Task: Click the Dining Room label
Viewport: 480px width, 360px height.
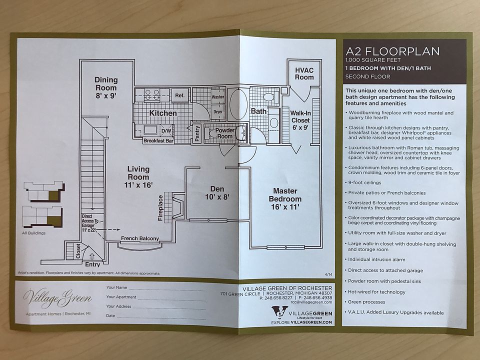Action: [106, 84]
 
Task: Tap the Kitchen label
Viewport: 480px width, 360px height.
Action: [163, 113]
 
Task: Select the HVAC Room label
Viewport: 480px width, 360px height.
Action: [304, 74]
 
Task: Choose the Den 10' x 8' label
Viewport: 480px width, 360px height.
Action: [216, 192]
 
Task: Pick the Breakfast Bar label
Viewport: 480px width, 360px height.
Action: [158, 141]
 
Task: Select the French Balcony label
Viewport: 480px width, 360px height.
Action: [139, 238]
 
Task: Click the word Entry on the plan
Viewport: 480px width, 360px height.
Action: [92, 264]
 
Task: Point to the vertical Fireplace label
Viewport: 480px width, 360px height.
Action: [160, 207]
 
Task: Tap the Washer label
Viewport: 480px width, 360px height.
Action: [217, 96]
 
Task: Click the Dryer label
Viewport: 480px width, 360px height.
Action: [217, 112]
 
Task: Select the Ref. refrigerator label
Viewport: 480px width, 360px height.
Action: [179, 95]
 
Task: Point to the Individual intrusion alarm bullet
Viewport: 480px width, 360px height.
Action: [376, 260]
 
